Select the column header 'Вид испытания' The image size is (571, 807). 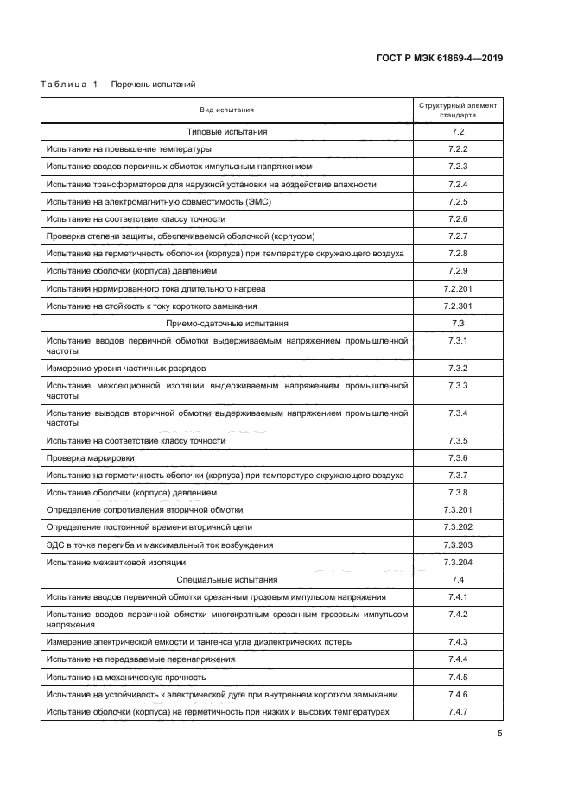pyautogui.click(x=227, y=110)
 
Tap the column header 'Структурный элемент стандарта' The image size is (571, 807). pyautogui.click(x=458, y=110)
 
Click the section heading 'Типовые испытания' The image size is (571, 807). pyautogui.click(x=227, y=131)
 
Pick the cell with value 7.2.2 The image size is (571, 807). pyautogui.click(x=458, y=148)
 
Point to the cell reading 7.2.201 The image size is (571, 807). pyautogui.click(x=458, y=288)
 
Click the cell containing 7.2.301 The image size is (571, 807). pyautogui.click(x=458, y=306)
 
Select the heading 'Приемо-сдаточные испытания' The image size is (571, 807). pyautogui.click(x=227, y=323)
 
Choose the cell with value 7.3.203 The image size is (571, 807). pyautogui.click(x=458, y=545)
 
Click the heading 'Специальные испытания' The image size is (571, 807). pyautogui.click(x=227, y=580)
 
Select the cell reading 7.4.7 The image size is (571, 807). pyautogui.click(x=458, y=712)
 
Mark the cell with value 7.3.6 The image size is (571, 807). pyautogui.click(x=458, y=457)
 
